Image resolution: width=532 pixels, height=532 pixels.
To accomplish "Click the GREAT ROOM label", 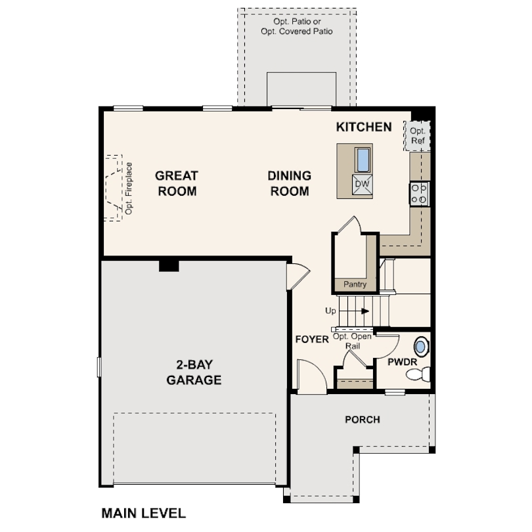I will (x=177, y=183).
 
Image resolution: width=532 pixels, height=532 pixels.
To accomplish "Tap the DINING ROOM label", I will (x=289, y=183).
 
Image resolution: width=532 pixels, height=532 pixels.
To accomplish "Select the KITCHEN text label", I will (x=364, y=127).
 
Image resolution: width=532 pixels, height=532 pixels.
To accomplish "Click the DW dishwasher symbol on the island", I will (x=362, y=184).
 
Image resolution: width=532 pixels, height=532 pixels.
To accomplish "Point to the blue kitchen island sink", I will (x=363, y=159).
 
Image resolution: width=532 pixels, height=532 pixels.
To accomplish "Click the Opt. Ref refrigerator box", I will (x=417, y=136).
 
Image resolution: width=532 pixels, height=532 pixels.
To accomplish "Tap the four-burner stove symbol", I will (x=419, y=192).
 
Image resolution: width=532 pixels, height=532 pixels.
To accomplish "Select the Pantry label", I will (x=355, y=284).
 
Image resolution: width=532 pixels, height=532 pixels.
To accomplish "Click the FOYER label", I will (x=311, y=340).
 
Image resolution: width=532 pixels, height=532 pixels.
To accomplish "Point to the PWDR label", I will (x=399, y=362).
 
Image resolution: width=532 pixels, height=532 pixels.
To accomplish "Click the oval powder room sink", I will (x=420, y=346).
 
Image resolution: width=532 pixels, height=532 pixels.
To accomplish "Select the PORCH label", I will (x=363, y=420).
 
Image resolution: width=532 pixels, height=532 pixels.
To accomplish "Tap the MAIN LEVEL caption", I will (x=143, y=512).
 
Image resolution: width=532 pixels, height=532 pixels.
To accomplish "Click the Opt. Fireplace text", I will (x=129, y=188).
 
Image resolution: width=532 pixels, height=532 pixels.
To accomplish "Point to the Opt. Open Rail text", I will (x=353, y=340).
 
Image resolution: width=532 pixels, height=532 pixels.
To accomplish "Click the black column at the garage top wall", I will (x=169, y=265).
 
